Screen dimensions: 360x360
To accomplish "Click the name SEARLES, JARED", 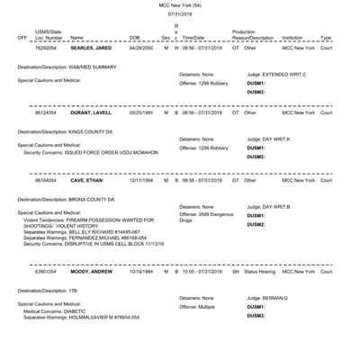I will point(91,48).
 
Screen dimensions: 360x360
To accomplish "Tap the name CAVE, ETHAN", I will point(86,180).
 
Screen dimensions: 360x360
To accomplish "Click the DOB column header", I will point(135,38).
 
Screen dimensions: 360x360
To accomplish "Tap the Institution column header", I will point(292,38).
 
